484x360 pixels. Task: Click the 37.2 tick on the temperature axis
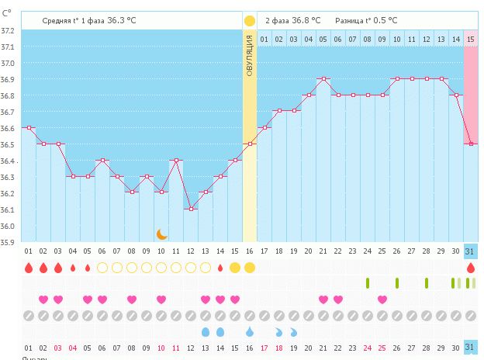click(x=8, y=30)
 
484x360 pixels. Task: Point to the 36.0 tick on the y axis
click(x=8, y=226)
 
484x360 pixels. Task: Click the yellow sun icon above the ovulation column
click(x=250, y=20)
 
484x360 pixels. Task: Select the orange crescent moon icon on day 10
click(x=161, y=234)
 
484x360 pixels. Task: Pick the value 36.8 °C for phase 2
click(x=307, y=20)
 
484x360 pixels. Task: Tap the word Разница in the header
click(x=349, y=20)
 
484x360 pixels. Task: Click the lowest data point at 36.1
click(x=191, y=209)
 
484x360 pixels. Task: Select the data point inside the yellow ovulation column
click(x=250, y=144)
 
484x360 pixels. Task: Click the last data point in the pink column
click(x=471, y=144)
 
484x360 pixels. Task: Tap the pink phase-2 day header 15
click(x=471, y=39)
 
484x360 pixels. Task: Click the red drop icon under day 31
click(x=471, y=268)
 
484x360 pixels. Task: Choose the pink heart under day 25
click(x=382, y=299)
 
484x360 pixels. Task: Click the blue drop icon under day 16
click(x=250, y=331)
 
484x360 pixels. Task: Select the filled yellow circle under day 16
click(x=250, y=268)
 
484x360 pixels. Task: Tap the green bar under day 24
click(x=368, y=283)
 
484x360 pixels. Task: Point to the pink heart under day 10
click(x=161, y=299)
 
